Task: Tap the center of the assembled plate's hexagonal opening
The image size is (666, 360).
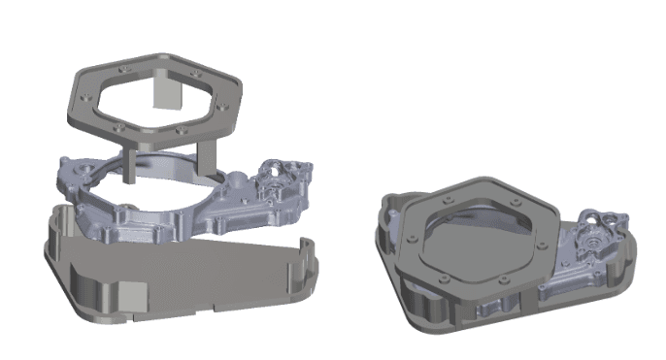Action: pos(478,232)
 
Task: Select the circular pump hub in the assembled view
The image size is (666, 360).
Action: pos(591,233)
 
